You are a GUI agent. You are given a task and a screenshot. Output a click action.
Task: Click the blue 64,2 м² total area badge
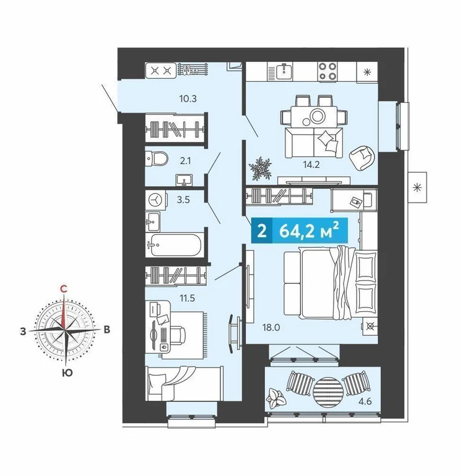point(297,232)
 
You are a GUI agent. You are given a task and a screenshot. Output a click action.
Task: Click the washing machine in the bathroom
point(157,199)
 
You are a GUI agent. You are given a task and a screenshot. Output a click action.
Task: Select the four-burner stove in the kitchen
point(328,71)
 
